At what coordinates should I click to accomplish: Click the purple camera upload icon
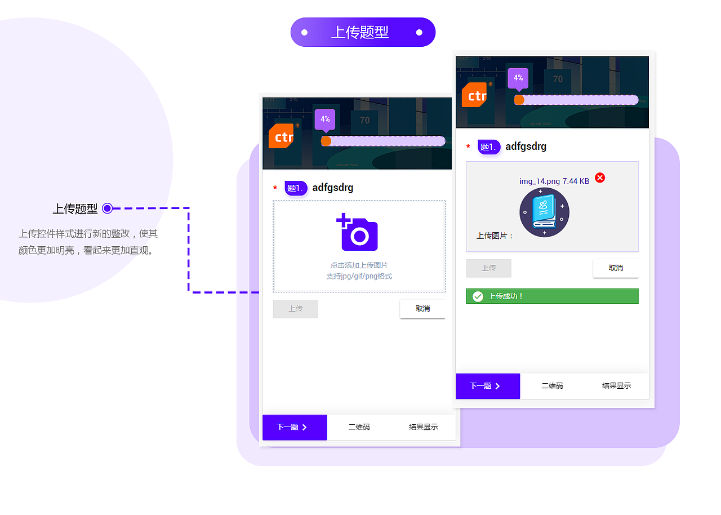(x=358, y=233)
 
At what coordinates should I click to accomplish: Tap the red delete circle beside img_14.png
(x=600, y=178)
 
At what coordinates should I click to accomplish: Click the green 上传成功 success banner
(x=552, y=296)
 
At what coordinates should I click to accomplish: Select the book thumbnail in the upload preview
(x=544, y=212)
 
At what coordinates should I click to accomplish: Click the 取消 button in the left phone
(x=422, y=309)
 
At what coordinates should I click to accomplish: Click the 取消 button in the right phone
(x=616, y=268)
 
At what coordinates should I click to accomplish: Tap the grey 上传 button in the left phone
(x=296, y=309)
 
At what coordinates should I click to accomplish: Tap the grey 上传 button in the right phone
(x=488, y=268)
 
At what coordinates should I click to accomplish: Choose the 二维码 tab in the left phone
(x=359, y=427)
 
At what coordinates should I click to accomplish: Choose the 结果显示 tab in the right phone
(x=616, y=386)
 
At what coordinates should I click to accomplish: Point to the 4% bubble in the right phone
(x=518, y=78)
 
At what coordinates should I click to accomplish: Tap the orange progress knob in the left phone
(x=326, y=141)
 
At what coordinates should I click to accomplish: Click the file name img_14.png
(x=539, y=181)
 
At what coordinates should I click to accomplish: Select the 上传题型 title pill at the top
(x=363, y=32)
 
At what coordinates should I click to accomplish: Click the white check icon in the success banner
(x=478, y=296)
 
